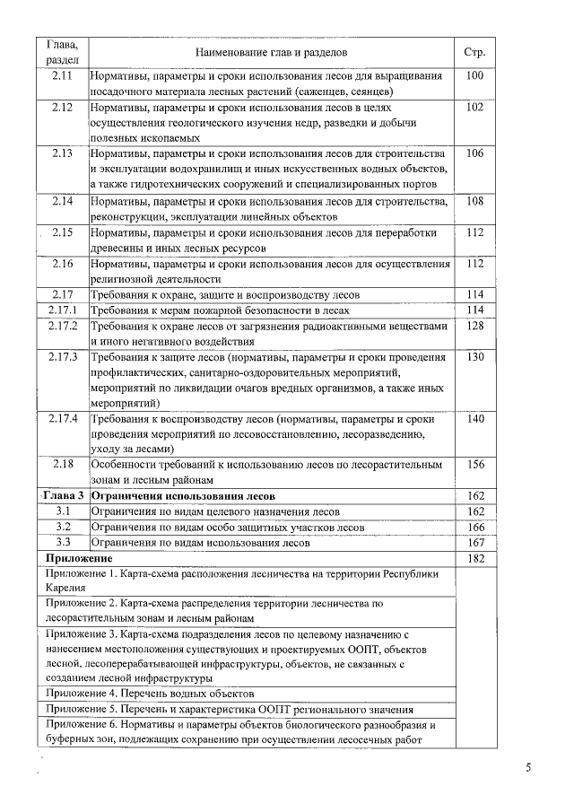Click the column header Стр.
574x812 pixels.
click(475, 53)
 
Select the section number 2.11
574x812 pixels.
click(63, 75)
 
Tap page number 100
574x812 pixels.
click(475, 75)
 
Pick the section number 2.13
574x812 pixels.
click(63, 153)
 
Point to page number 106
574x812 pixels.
click(475, 153)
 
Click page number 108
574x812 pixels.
click(475, 201)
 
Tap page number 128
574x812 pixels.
click(475, 327)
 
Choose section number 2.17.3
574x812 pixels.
click(63, 358)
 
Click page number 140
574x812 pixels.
click(475, 419)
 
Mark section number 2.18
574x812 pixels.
click(63, 464)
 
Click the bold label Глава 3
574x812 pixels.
click(63, 496)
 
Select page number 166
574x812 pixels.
click(475, 528)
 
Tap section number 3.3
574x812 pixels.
click(63, 543)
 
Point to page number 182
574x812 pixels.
click(475, 559)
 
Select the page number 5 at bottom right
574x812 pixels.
click(528, 768)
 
